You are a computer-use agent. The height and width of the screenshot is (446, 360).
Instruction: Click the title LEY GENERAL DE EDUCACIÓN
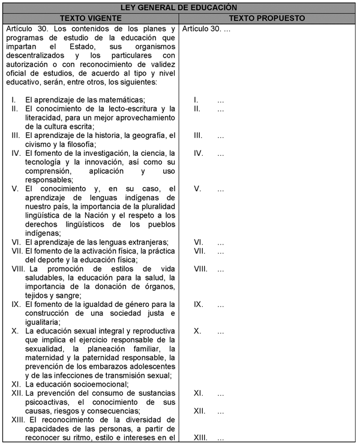tap(179, 7)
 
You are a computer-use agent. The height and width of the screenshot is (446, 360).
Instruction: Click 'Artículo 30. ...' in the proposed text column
tap(206, 29)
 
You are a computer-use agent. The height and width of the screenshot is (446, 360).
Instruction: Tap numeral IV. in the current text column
tap(17, 153)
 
